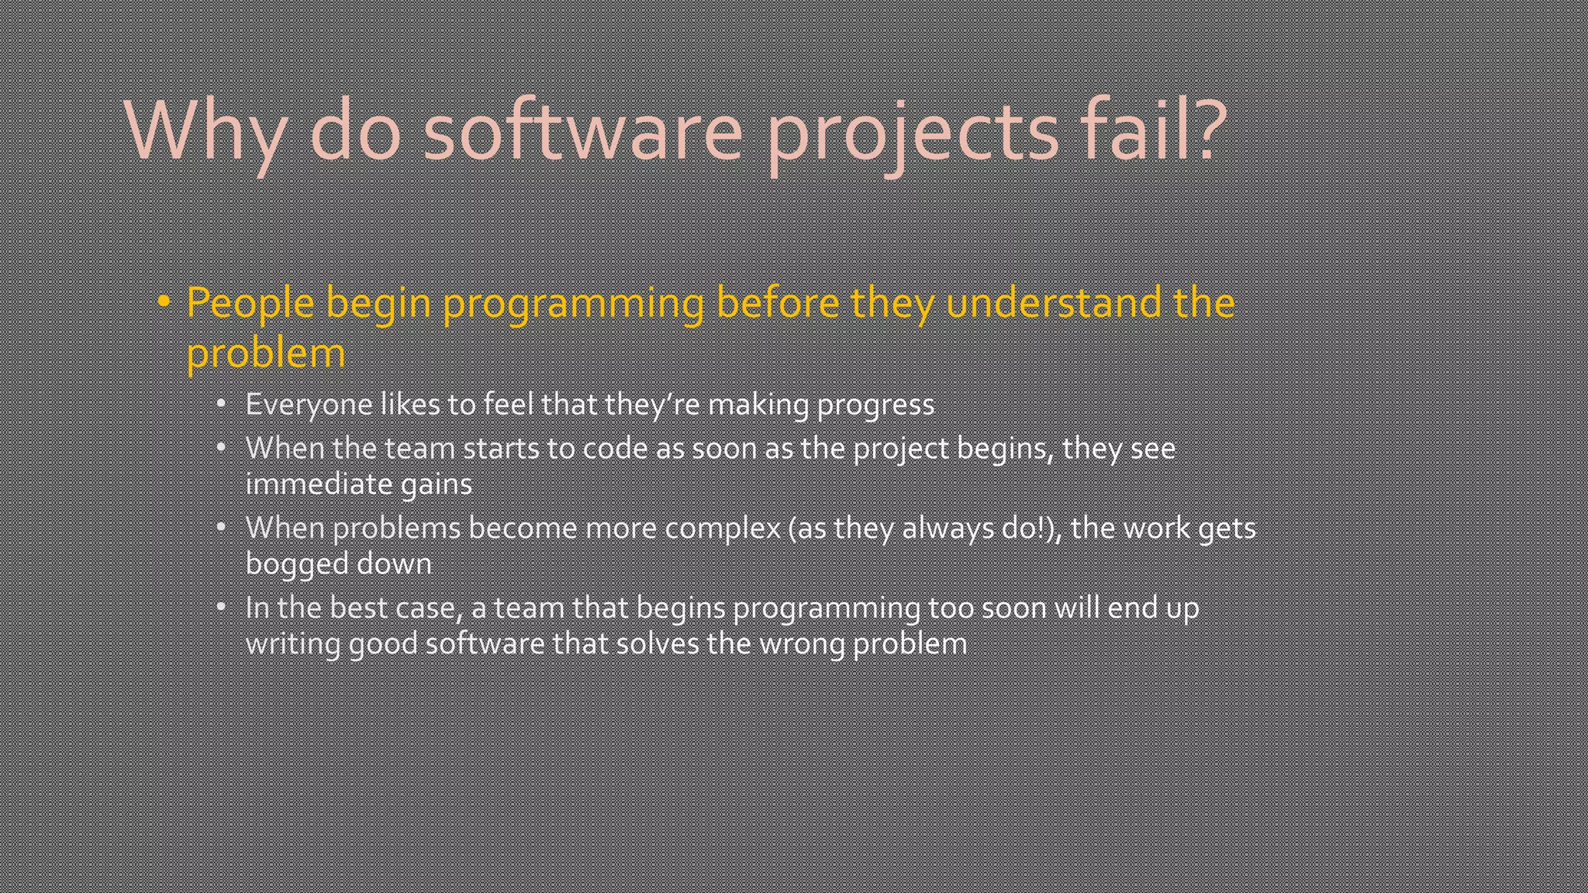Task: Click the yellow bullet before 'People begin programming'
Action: coord(164,302)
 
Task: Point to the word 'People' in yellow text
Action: coord(250,302)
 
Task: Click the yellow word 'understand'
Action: coord(1053,302)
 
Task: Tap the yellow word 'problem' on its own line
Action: coord(265,353)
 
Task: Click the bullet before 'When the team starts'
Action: coord(221,448)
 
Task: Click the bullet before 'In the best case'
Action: coord(221,607)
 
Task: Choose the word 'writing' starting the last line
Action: coord(292,643)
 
